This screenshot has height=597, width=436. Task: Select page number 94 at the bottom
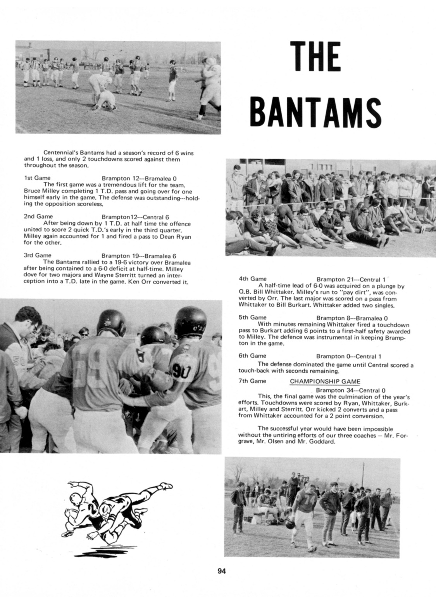[x=222, y=571]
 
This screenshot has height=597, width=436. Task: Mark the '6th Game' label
[x=252, y=356]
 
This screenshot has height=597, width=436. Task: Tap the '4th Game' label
[x=252, y=279]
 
